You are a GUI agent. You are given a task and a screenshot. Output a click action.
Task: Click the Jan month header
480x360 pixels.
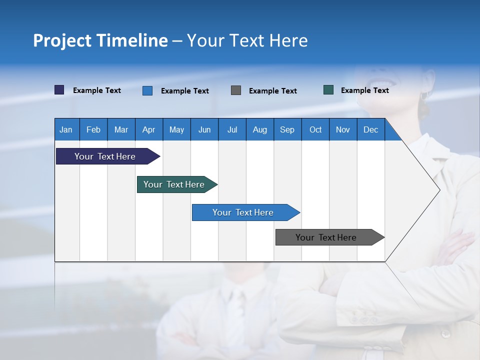(x=66, y=129)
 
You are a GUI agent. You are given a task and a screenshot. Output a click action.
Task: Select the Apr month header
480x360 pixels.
(x=148, y=129)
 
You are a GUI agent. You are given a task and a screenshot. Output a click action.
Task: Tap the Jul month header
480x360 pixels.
(x=232, y=129)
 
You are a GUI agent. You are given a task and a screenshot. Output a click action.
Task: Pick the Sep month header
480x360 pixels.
(x=287, y=129)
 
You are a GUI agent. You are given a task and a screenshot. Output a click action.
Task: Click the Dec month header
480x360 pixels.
(x=370, y=129)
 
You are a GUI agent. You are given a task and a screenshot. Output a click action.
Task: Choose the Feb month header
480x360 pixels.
(x=93, y=129)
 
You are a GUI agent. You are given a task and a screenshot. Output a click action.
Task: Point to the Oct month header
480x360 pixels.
(x=315, y=129)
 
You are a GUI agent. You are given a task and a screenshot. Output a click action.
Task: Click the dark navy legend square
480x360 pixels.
(x=59, y=90)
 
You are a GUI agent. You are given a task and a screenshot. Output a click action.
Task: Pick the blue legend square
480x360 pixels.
(x=147, y=90)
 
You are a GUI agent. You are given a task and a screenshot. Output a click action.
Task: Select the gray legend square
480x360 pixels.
(x=236, y=90)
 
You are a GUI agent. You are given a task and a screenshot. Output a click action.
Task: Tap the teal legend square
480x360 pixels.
(x=328, y=90)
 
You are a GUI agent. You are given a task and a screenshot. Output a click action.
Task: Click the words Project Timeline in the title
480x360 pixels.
(x=100, y=40)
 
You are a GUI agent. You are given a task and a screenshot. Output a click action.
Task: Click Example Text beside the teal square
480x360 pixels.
(x=364, y=90)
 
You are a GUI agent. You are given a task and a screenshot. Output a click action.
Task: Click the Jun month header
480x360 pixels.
(x=204, y=129)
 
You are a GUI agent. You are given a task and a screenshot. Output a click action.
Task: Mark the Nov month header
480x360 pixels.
(x=343, y=129)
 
